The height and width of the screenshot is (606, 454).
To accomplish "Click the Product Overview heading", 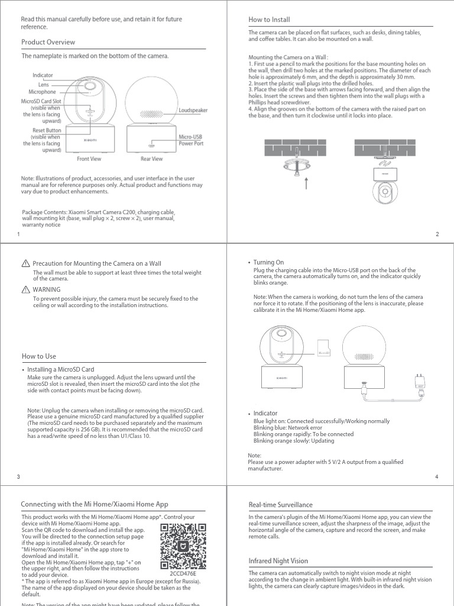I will pos(48,43).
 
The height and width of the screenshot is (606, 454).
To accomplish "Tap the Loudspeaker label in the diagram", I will pos(193,111).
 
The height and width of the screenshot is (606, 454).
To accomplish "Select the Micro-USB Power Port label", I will pos(191,140).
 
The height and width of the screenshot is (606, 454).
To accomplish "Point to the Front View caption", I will pos(89,159).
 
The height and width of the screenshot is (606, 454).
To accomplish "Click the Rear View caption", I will pos(151,159).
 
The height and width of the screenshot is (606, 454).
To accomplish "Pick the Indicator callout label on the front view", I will pos(43,75).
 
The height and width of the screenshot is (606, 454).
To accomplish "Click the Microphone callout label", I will pos(42,92).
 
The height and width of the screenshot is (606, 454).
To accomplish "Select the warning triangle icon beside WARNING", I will pos(25,290).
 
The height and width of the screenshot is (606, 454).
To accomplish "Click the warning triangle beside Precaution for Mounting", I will pos(25,263).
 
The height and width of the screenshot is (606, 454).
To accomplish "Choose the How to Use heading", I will pos(38,356).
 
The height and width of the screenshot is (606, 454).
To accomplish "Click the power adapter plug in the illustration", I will pos(420,379).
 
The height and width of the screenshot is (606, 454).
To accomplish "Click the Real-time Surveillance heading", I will pos(281,505).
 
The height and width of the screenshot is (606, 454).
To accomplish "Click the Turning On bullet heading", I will pos(268,262).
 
